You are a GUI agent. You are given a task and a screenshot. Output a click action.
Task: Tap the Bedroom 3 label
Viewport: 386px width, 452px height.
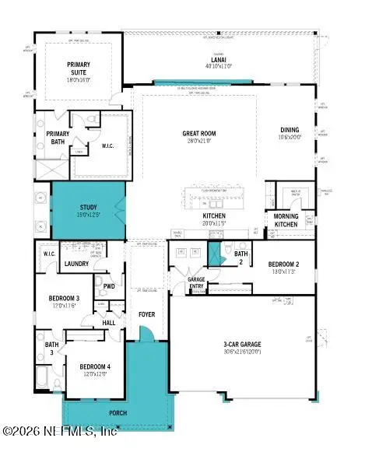pyautogui.click(x=62, y=300)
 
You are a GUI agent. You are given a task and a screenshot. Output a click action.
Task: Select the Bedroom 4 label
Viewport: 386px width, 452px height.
pyautogui.click(x=87, y=366)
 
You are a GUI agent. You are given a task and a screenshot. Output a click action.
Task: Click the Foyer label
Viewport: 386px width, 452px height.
pyautogui.click(x=147, y=315)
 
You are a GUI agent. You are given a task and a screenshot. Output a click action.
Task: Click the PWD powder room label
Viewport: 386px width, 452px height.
pyautogui.click(x=108, y=286)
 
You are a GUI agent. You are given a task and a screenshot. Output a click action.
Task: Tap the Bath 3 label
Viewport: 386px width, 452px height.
pyautogui.click(x=51, y=348)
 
